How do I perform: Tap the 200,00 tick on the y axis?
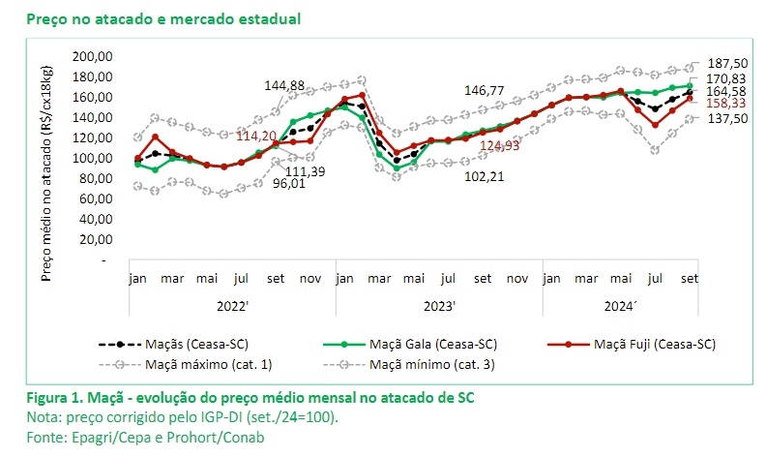point(95,57)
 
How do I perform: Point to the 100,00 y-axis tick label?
point(95,158)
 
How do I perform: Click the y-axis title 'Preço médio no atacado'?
point(45,170)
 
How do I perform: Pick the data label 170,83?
point(726,77)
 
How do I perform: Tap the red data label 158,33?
point(726,102)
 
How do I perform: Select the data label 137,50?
point(726,118)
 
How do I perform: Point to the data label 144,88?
point(287,86)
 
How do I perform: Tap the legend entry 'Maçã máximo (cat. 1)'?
point(206,365)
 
